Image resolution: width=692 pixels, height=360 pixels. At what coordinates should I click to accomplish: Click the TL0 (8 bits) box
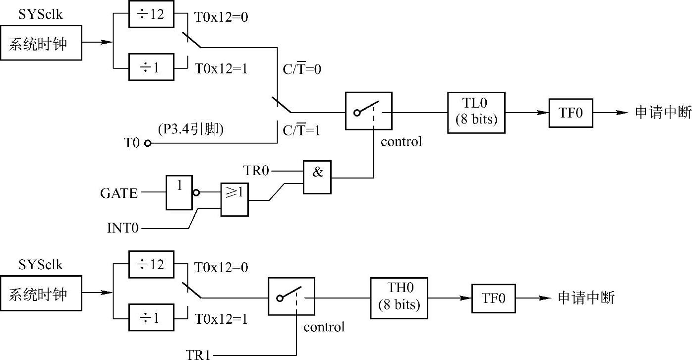476,112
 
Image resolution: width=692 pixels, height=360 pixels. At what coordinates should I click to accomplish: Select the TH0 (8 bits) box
399,298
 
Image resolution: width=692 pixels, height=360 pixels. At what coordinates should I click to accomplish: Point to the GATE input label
119,193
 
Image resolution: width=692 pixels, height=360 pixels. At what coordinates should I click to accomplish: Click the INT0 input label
123,229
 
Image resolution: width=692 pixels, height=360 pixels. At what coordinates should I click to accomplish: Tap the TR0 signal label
257,171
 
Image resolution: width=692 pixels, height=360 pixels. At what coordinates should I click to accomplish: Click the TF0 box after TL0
571,113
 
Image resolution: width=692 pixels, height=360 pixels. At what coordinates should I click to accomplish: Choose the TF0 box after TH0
493,298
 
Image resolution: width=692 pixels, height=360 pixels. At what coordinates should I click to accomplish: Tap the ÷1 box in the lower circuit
151,318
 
